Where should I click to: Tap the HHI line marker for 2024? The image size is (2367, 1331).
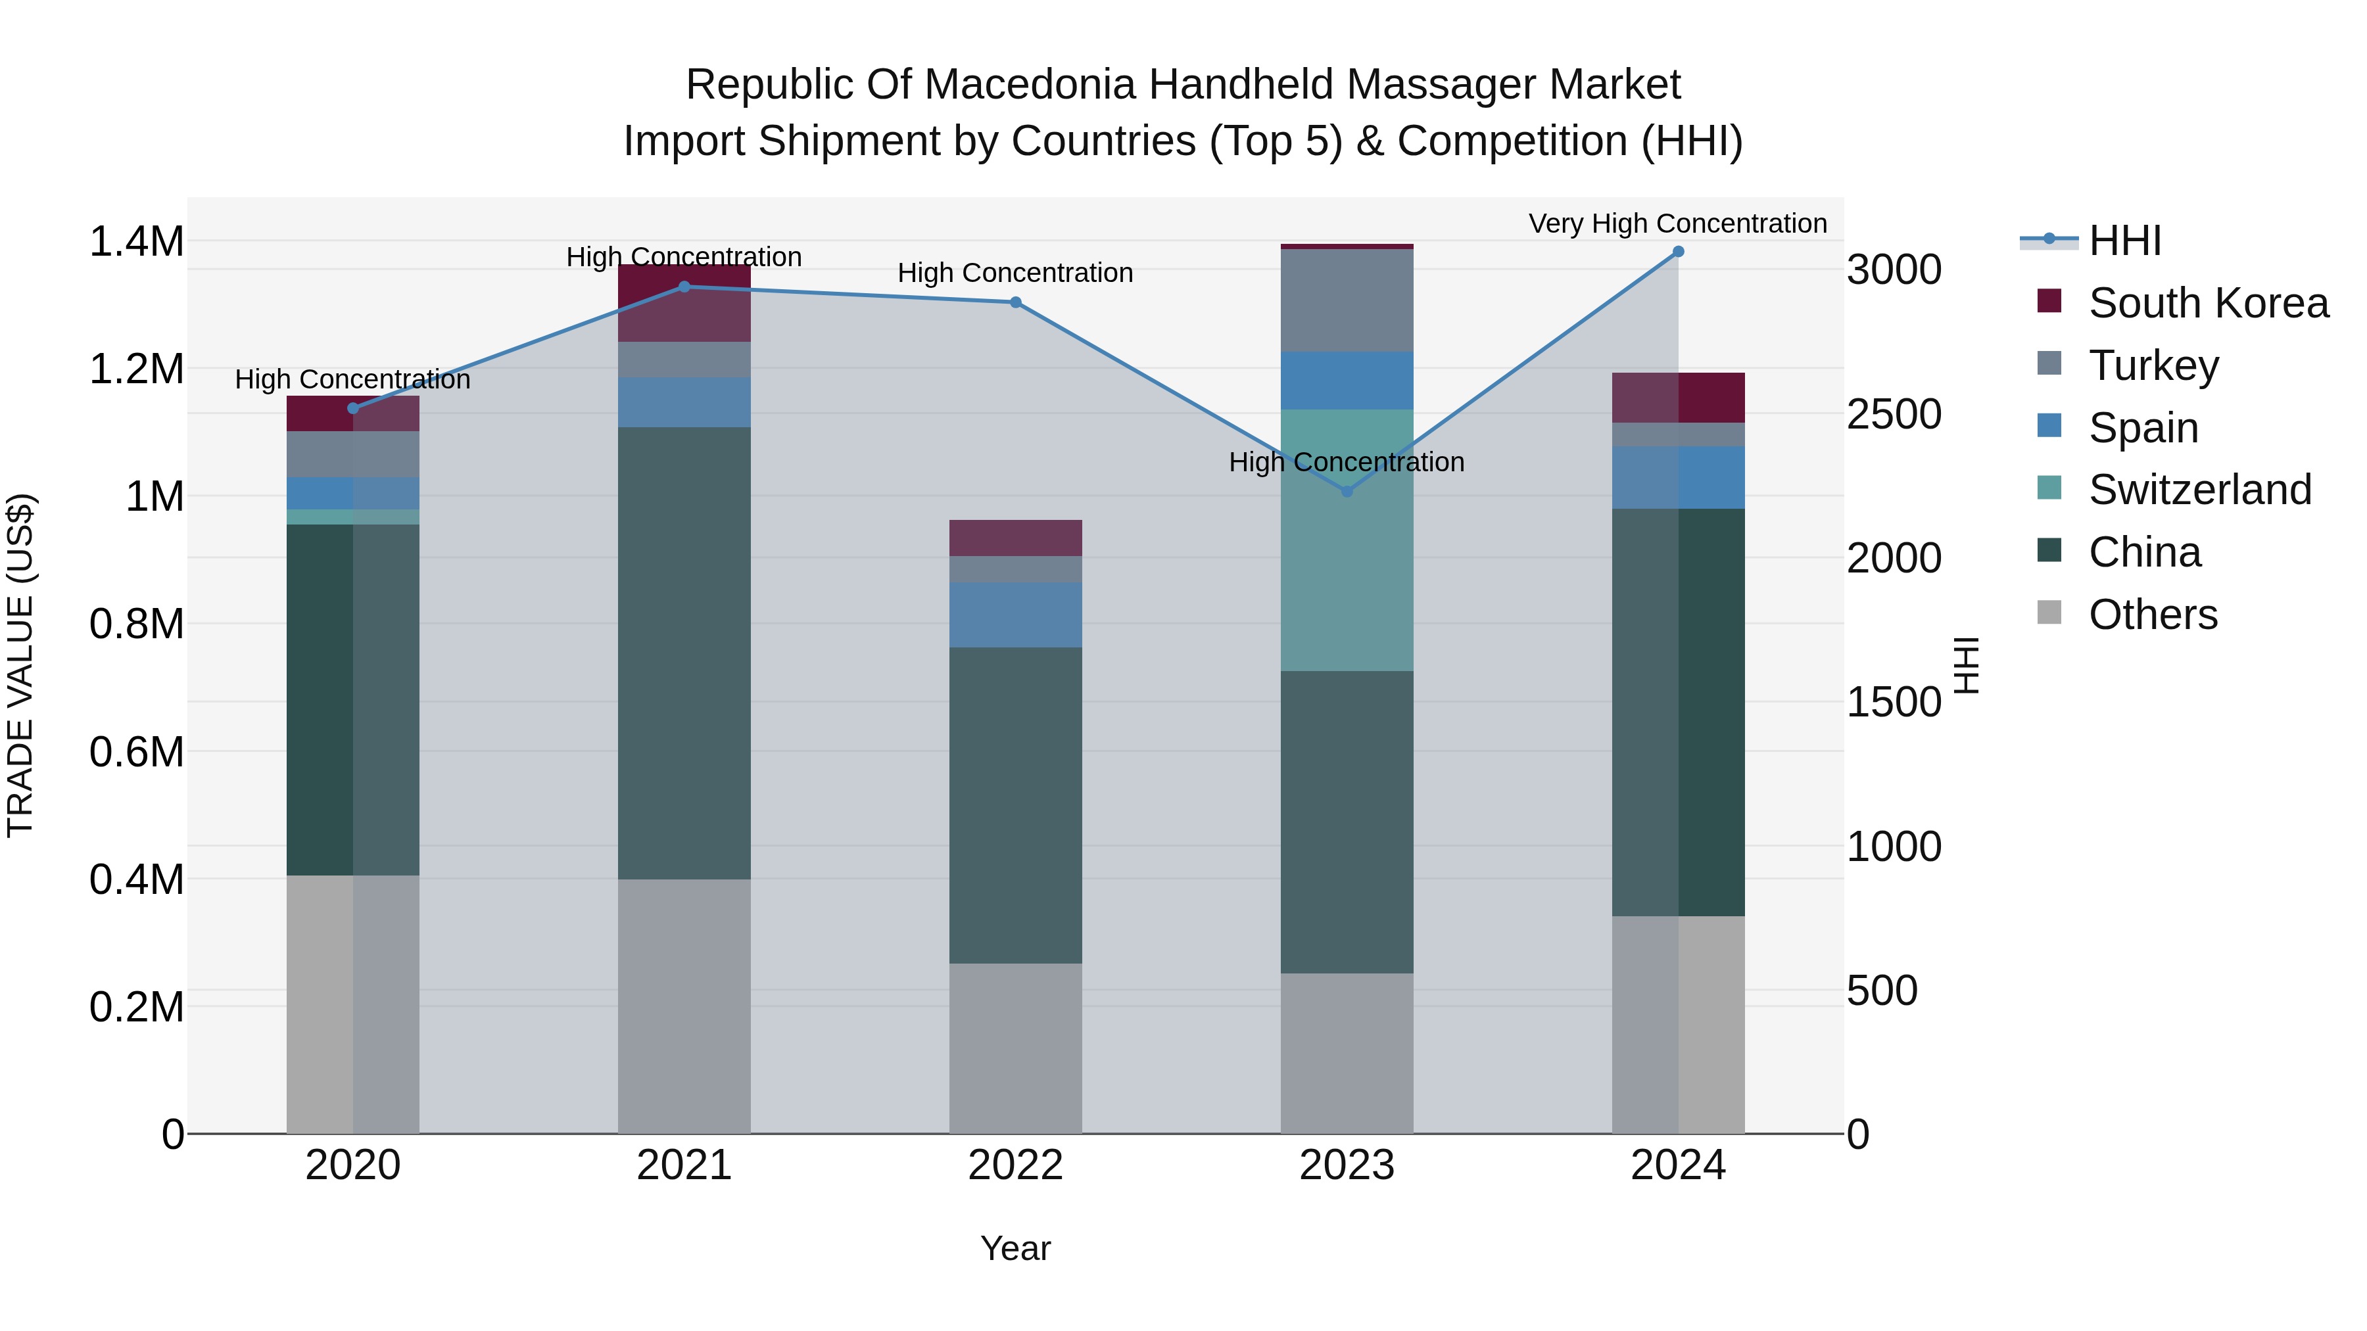tap(1678, 252)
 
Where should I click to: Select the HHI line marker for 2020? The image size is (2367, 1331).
tap(353, 408)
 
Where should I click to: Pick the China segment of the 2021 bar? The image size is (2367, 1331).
tap(684, 652)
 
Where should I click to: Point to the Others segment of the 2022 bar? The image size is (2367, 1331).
tap(1015, 1047)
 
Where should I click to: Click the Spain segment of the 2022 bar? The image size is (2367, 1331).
tap(1015, 615)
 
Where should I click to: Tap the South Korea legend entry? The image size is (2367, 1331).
tap(2207, 303)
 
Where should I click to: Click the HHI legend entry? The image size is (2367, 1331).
tap(2124, 241)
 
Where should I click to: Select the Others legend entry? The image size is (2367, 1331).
tap(2152, 615)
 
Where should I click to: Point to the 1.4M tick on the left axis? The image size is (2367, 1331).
tap(136, 242)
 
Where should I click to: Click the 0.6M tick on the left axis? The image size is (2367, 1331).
tap(136, 751)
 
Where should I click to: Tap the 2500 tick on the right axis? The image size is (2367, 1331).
tap(1894, 414)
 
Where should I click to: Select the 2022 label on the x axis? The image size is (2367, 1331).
tap(1015, 1165)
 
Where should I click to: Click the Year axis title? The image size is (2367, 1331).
tap(1015, 1248)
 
